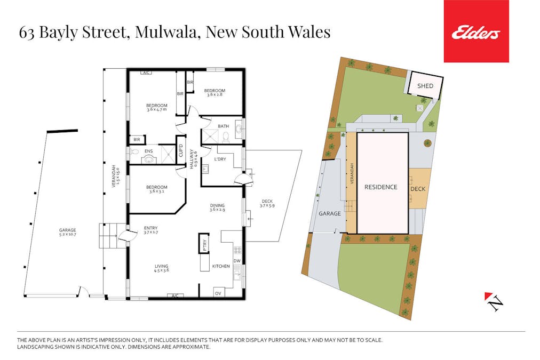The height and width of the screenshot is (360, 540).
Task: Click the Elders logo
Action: [476, 32]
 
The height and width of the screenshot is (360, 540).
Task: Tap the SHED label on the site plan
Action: [425, 86]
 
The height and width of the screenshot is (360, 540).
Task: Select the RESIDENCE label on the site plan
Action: [380, 187]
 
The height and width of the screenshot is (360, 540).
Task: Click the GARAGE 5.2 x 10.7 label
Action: [68, 233]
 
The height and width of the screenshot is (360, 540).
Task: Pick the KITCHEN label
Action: [221, 266]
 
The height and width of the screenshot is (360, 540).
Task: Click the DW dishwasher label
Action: [236, 261]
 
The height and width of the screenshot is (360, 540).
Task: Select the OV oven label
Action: [218, 293]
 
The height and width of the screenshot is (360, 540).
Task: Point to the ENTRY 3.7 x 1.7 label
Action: [150, 230]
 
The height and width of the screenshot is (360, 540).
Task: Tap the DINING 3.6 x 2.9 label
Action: [217, 207]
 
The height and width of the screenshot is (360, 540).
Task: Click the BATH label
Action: [223, 126]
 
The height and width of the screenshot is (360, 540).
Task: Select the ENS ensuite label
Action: [148, 151]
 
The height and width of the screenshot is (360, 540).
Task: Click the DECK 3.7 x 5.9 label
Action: [267, 203]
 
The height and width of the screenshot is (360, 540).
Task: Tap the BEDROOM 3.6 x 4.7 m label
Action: [157, 108]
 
